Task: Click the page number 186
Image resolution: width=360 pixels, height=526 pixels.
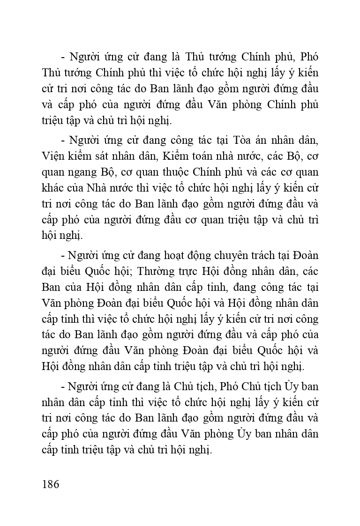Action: click(x=51, y=484)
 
